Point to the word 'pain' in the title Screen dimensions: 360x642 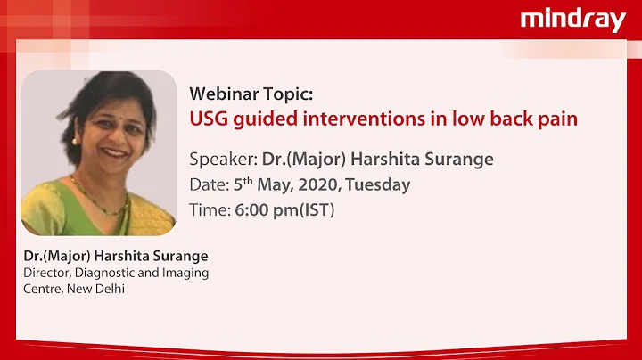pyautogui.click(x=556, y=119)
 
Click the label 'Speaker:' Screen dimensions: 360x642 pyautogui.click(x=223, y=160)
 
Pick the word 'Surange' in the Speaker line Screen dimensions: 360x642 pyautogui.click(x=458, y=160)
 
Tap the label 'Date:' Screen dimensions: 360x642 pyautogui.click(x=210, y=185)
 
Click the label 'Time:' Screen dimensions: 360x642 pyautogui.click(x=210, y=211)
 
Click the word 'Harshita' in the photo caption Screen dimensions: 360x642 pyautogui.click(x=123, y=257)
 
